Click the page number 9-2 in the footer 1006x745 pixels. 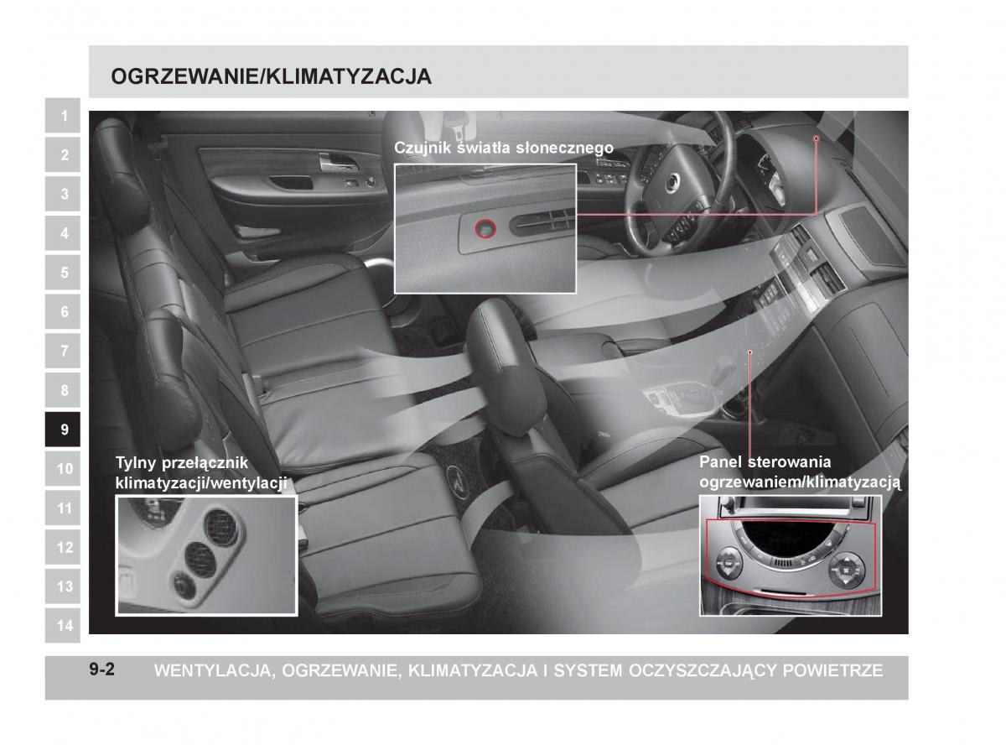(102, 669)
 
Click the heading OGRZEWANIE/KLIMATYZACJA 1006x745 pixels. (272, 76)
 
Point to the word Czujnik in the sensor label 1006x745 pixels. (423, 148)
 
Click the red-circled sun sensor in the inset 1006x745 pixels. (485, 229)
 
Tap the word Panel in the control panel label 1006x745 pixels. (721, 461)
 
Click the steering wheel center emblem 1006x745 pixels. (672, 182)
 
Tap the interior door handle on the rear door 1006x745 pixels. (338, 163)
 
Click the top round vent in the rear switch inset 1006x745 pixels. (221, 528)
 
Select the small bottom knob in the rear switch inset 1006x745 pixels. (184, 586)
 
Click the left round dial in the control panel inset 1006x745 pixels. (728, 564)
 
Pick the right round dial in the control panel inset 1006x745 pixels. (847, 570)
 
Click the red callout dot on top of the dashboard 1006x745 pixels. (817, 138)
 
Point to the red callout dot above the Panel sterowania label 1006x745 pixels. (750, 352)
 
